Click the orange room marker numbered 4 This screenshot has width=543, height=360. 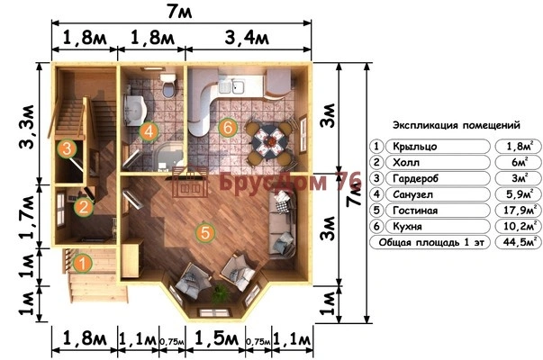pyautogui.click(x=149, y=131)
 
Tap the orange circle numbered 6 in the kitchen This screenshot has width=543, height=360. pyautogui.click(x=228, y=128)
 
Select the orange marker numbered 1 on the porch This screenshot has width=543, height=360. pyautogui.click(x=83, y=264)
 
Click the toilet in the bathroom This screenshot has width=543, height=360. pyautogui.click(x=168, y=85)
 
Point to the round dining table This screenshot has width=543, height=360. pyautogui.click(x=270, y=141)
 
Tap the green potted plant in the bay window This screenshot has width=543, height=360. pyautogui.click(x=221, y=294)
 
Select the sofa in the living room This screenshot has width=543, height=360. pyautogui.click(x=283, y=224)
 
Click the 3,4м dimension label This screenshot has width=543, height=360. pyautogui.click(x=247, y=38)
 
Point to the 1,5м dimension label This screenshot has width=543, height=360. pyautogui.click(x=216, y=337)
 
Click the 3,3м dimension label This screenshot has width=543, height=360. pyautogui.click(x=28, y=126)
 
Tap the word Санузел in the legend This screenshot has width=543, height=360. pyautogui.click(x=412, y=194)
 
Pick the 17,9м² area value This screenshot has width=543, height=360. pyautogui.click(x=519, y=210)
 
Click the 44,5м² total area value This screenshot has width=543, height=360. pyautogui.click(x=519, y=241)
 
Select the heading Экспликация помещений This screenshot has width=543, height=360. pyautogui.click(x=457, y=125)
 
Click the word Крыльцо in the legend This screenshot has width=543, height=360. pyautogui.click(x=415, y=147)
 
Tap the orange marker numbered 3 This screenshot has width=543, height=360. pyautogui.click(x=67, y=148)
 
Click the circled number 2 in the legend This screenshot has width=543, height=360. pyautogui.click(x=376, y=162)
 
